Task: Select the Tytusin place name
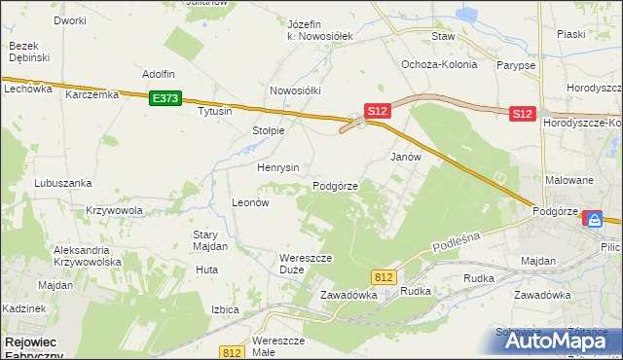(x=215, y=111)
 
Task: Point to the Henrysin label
(x=277, y=167)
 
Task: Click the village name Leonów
(x=249, y=202)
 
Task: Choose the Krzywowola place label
(x=115, y=210)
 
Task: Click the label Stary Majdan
(x=209, y=240)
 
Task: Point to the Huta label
(x=205, y=270)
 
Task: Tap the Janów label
(x=405, y=157)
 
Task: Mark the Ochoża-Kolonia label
(x=439, y=64)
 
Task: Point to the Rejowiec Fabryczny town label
(x=33, y=348)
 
